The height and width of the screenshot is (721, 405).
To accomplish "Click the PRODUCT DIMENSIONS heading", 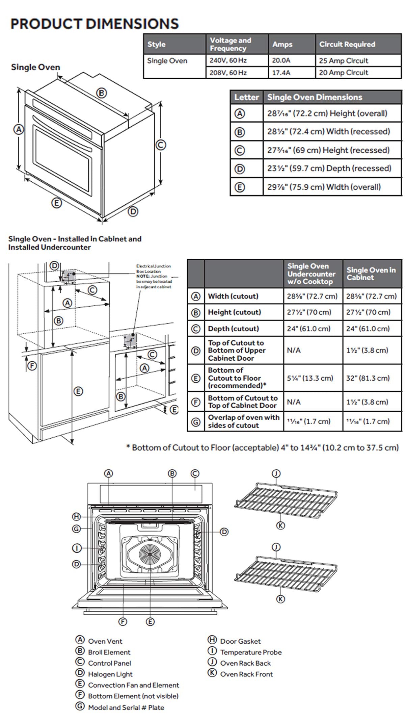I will click(94, 24).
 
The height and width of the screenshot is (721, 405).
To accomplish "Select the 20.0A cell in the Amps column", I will click(281, 61).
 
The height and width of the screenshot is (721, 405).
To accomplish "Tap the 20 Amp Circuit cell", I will click(343, 73).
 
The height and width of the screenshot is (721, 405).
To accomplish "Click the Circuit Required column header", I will click(347, 44).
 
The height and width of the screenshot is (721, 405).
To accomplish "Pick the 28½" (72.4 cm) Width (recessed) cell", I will click(328, 131).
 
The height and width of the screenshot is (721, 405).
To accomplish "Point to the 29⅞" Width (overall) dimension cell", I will click(324, 187).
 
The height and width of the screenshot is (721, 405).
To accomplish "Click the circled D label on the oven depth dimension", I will click(133, 212).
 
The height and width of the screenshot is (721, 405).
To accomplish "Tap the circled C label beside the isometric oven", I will click(161, 145).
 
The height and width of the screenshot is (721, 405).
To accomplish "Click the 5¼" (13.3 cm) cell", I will click(310, 378).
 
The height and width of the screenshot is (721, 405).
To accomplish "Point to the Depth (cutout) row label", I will click(233, 329).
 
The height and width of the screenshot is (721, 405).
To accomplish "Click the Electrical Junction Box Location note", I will click(154, 276).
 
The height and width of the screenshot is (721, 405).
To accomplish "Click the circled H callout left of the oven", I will click(77, 517).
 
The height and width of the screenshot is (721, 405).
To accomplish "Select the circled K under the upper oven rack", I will click(280, 525).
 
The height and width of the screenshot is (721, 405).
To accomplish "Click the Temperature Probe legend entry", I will click(250, 652).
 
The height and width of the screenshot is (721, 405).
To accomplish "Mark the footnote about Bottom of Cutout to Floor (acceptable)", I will click(262, 448).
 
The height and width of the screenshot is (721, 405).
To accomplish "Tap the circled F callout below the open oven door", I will click(123, 622).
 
